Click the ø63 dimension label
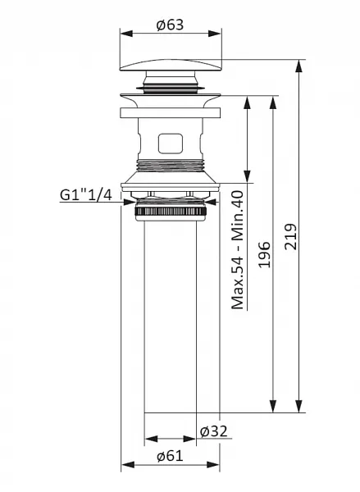(x=170, y=25)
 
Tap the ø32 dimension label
(x=213, y=431)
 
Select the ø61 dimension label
(x=170, y=456)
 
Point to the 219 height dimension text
(x=290, y=237)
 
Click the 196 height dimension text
(x=264, y=254)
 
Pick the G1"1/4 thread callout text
(x=85, y=195)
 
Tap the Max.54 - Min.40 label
(x=238, y=250)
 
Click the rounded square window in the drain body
(x=171, y=143)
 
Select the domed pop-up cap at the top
(x=171, y=65)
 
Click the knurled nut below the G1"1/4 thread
(x=171, y=212)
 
